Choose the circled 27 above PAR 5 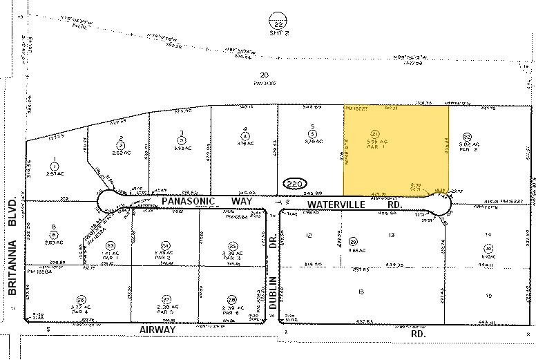(165, 299)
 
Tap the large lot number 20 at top (263, 75)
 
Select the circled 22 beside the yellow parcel (467, 137)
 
